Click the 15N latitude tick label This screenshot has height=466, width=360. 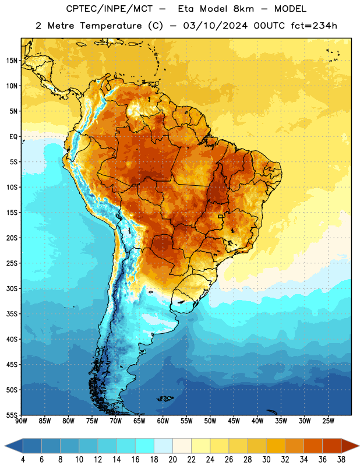[12, 61]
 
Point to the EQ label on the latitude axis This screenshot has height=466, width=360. [13, 137]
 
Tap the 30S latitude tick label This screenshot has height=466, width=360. [12, 288]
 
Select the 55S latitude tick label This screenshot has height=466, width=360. [12, 415]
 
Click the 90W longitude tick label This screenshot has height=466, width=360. [21, 421]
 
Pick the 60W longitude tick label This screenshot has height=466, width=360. [163, 421]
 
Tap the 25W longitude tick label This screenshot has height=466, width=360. [328, 421]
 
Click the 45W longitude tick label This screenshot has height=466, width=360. [234, 421]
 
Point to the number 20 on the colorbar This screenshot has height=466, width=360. [172, 460]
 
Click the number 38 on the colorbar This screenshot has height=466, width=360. [341, 460]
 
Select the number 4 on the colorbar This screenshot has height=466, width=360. [23, 460]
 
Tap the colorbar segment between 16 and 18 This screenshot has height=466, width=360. [145, 446]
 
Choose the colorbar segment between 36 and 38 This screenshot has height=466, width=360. [332, 446]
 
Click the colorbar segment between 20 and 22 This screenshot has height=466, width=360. [182, 446]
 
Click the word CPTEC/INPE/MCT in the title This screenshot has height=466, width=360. [110, 9]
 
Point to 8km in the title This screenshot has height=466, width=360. [243, 9]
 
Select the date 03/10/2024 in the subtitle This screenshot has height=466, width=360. [215, 26]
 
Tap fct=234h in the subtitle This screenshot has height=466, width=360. [314, 26]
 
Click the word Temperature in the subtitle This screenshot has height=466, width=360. [111, 26]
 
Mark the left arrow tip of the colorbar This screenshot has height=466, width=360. [5, 446]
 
